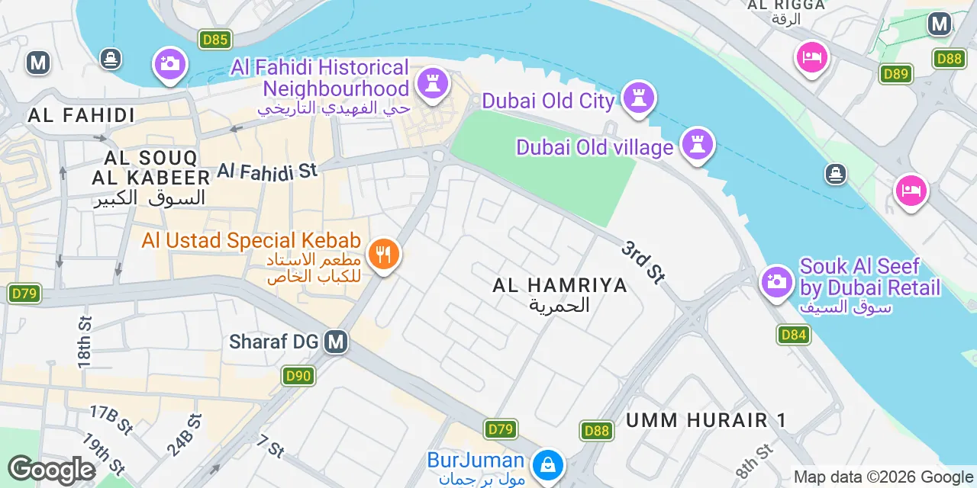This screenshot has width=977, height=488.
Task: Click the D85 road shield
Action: click(214, 39)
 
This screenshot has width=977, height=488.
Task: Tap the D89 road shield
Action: click(895, 73)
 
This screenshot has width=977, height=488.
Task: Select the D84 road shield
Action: click(794, 334)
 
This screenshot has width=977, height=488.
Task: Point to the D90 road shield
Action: click(298, 375)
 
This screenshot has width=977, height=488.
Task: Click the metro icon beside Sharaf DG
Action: click(335, 342)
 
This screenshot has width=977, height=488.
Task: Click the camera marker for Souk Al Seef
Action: click(776, 281)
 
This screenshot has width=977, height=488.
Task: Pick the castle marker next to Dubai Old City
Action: click(639, 98)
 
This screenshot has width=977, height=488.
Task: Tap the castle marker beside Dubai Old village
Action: click(697, 144)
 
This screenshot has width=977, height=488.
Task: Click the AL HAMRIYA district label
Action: click(559, 286)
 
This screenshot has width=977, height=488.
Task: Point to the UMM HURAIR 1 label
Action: click(706, 420)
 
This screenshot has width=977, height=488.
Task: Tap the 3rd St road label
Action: click(642, 262)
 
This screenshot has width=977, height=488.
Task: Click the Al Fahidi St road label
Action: click(267, 170)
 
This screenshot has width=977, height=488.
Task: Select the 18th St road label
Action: click(84, 339)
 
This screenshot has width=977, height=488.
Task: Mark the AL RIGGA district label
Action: click(786, 5)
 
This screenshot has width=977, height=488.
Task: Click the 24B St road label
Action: click(185, 435)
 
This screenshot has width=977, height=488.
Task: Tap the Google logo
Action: click(51, 470)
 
